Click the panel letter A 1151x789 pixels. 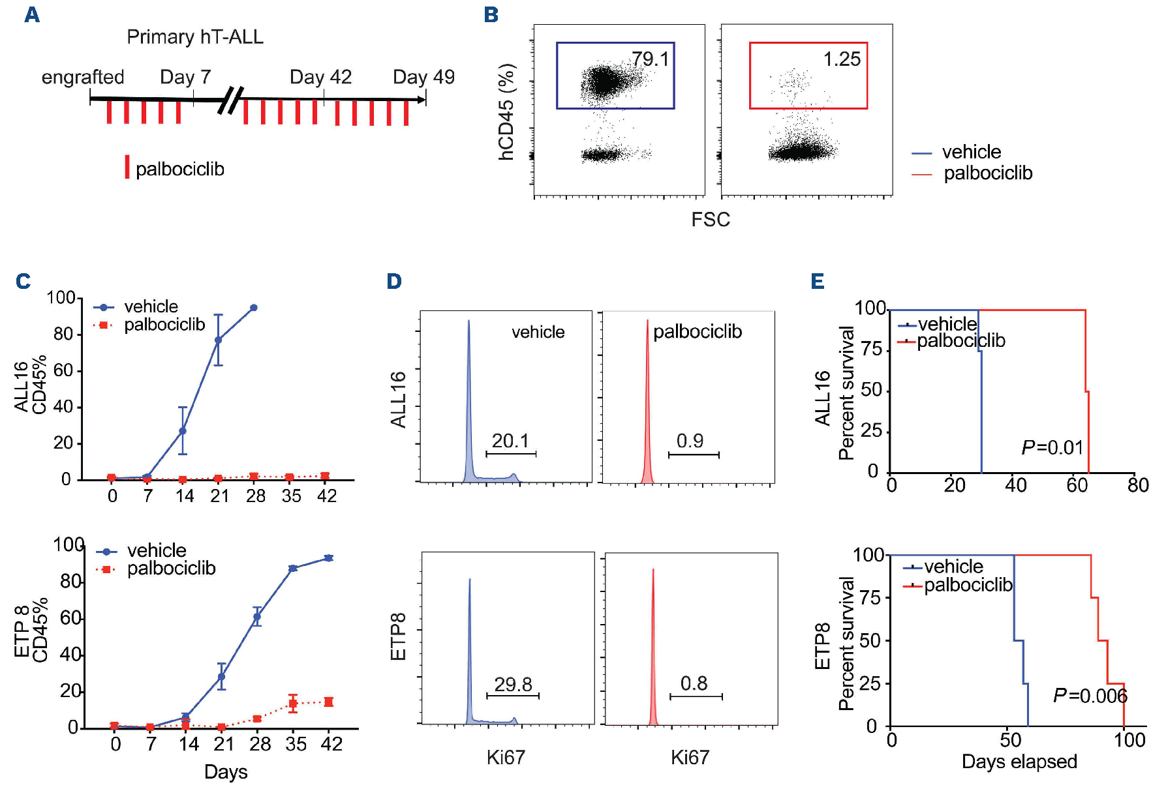(x=32, y=14)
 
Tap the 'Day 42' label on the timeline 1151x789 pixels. (x=320, y=77)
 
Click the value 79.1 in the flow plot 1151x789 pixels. (x=650, y=59)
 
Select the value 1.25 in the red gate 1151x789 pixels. (x=842, y=59)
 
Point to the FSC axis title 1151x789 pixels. (x=711, y=219)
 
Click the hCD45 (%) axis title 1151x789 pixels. (x=507, y=112)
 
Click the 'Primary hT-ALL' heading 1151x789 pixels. (x=195, y=37)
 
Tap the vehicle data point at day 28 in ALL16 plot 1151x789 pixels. (x=254, y=308)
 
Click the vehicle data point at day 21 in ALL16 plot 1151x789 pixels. (x=219, y=340)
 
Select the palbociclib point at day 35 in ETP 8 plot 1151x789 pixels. (x=293, y=703)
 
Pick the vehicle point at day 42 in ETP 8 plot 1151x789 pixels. (x=329, y=558)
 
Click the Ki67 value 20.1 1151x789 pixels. (x=510, y=441)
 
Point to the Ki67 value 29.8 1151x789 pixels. (x=513, y=684)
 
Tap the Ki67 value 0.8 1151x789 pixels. (x=694, y=683)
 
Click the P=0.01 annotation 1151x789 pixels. (x=1052, y=447)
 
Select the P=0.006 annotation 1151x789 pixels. (x=1090, y=696)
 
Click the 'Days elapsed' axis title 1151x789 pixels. (x=1019, y=762)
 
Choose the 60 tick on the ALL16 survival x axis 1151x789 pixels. (x=1077, y=485)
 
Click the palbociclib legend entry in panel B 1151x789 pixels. (x=988, y=173)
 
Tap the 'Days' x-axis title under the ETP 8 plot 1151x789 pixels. (x=226, y=772)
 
